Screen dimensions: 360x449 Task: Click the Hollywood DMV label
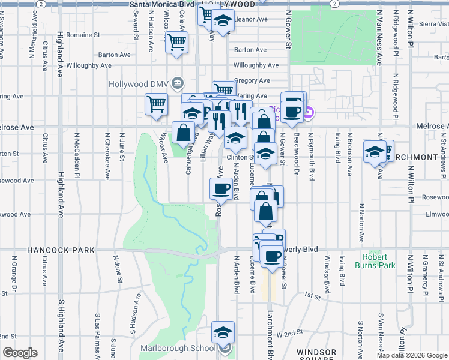[137, 83]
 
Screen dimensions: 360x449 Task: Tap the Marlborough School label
[178, 348]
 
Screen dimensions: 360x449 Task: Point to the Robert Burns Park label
[379, 260]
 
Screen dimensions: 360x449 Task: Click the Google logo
[20, 353]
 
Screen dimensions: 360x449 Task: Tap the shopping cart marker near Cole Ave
[176, 42]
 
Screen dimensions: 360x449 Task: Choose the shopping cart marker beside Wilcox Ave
[156, 103]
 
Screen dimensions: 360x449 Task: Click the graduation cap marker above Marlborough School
[223, 332]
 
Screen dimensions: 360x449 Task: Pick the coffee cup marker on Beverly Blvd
[272, 256]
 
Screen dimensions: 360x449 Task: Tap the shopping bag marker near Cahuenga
[183, 132]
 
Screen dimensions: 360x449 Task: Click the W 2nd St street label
[289, 333]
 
